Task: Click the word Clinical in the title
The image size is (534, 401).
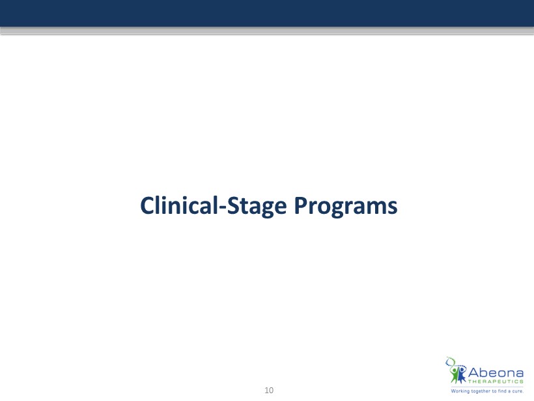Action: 179,205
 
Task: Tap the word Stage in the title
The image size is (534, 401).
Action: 257,207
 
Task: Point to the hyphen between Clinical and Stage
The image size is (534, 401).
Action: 222,208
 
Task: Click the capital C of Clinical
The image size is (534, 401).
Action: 147,205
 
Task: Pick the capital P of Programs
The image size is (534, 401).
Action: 300,205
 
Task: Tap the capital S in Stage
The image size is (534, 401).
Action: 233,205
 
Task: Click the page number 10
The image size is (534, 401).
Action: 269,391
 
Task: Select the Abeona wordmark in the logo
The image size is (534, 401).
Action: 496,373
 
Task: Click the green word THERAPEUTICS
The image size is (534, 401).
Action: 496,381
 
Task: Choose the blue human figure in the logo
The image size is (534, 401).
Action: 461,374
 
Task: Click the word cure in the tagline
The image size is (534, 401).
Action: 517,391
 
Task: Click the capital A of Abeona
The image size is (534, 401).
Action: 473,373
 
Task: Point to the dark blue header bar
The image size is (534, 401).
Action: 267,13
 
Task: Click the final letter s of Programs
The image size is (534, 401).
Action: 393,207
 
